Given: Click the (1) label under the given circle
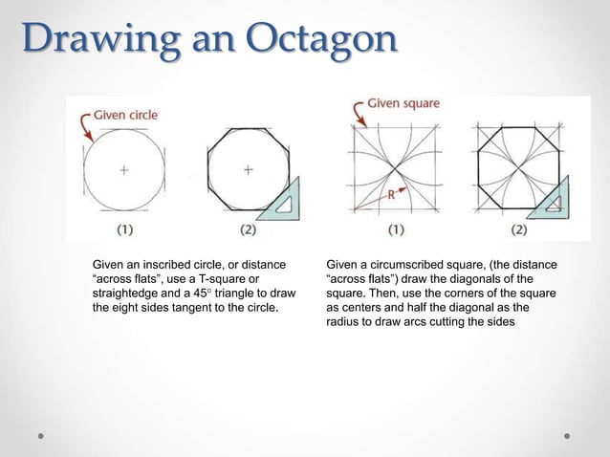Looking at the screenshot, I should tap(124, 230).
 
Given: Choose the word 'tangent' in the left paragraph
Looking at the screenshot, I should tap(204, 307).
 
